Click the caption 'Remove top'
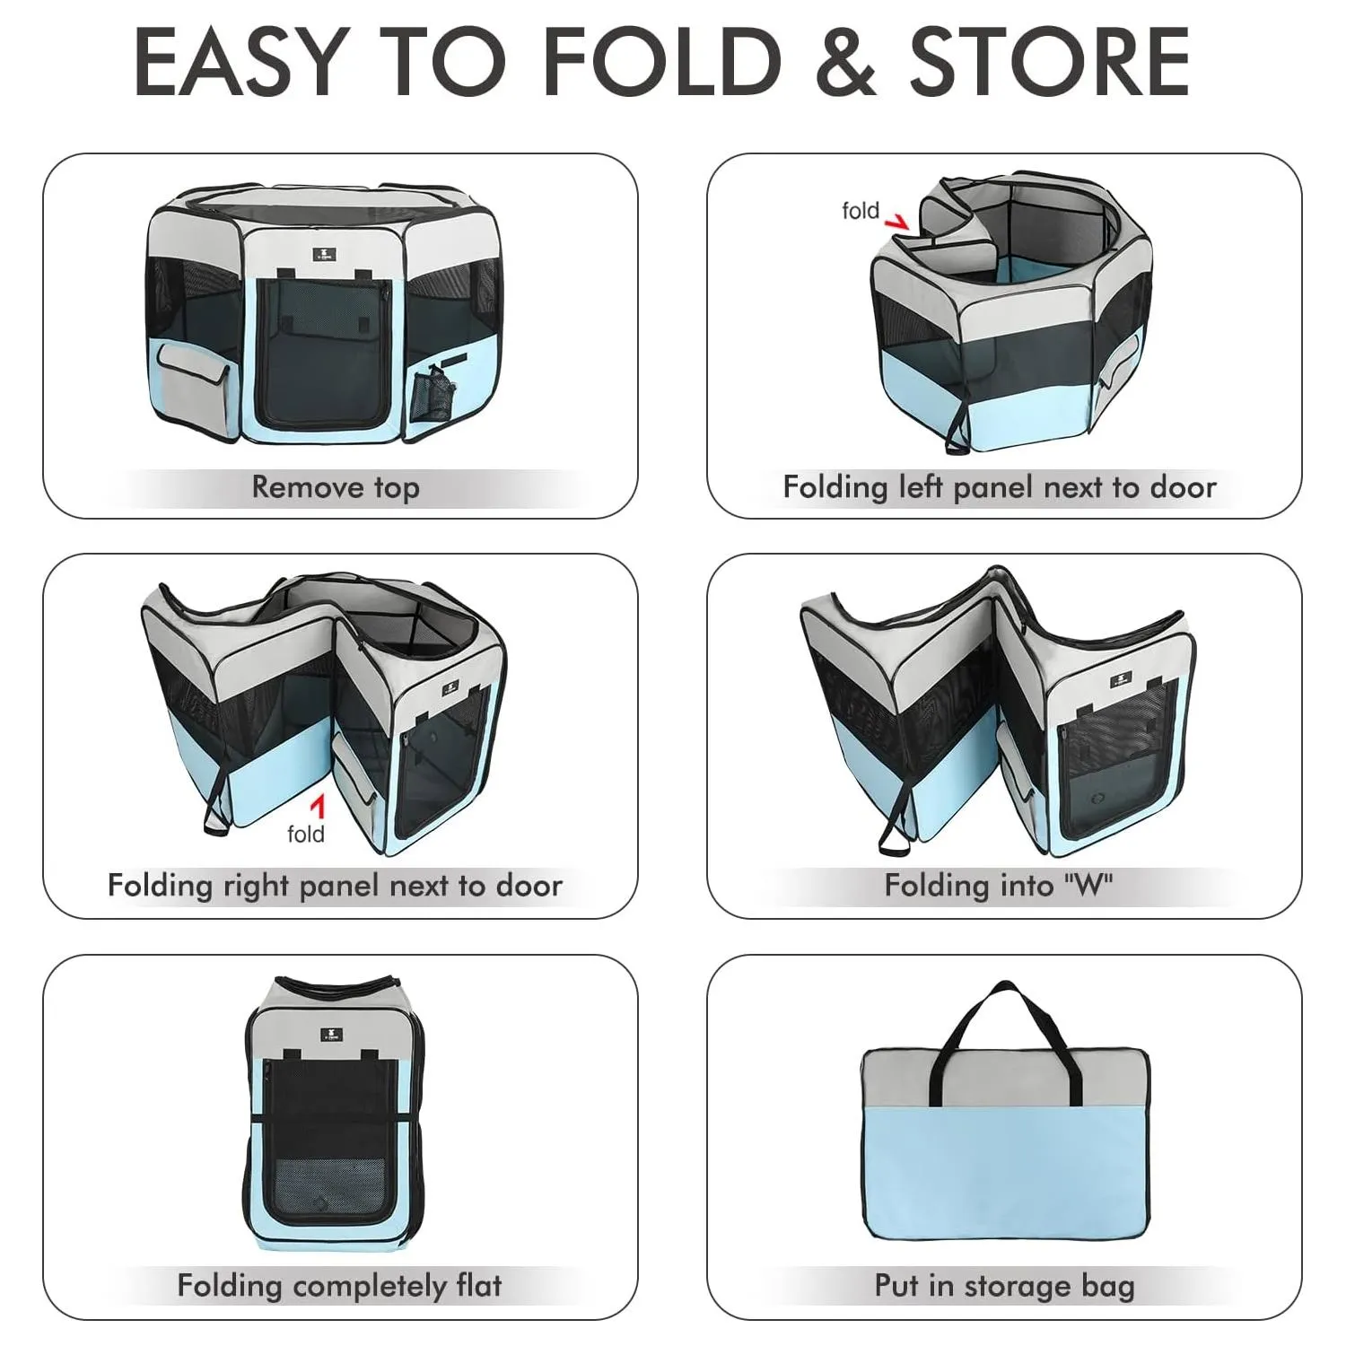pos(336,487)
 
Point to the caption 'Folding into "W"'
pos(999,886)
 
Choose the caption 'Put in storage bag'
pos(1005,1286)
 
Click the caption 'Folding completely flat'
pos(339,1286)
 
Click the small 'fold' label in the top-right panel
pos(861,211)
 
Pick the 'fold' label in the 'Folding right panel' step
pos(305,834)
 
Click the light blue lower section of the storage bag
pos(1005,1172)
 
